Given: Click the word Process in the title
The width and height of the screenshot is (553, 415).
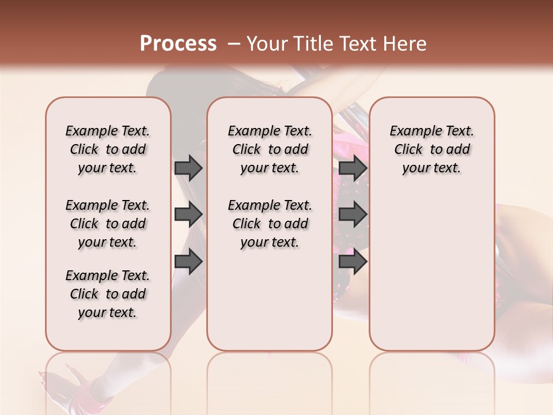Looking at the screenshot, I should click(x=178, y=44).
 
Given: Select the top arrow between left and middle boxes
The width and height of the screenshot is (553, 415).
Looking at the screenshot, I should click(x=188, y=168).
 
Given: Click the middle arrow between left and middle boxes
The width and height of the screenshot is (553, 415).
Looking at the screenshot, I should click(x=188, y=214).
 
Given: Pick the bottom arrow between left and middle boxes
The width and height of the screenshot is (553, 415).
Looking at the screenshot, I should click(x=188, y=262).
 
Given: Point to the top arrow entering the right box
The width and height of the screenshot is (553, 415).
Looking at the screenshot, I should click(x=353, y=168).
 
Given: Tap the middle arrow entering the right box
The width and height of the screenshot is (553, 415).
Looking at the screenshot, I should click(x=353, y=214).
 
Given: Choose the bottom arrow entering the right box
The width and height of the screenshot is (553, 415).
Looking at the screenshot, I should click(x=353, y=262).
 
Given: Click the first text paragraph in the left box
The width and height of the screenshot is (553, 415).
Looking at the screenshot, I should click(x=108, y=150).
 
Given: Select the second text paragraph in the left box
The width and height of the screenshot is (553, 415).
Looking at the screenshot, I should click(x=108, y=224).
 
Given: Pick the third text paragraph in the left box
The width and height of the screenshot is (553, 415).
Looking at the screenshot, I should click(x=108, y=294).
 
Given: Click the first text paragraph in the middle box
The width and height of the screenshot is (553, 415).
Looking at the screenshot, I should click(x=270, y=150).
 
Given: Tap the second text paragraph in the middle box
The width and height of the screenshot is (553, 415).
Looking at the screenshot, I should click(x=270, y=224).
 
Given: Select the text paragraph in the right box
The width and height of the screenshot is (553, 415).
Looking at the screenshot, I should click(x=431, y=150).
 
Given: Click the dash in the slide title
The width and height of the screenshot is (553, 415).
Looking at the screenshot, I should click(x=233, y=44).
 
